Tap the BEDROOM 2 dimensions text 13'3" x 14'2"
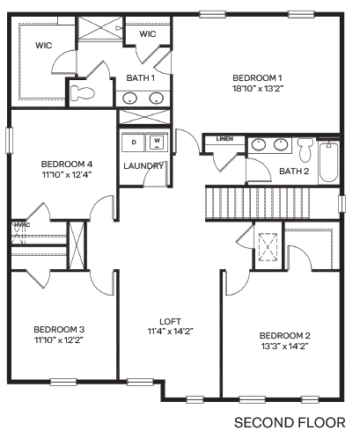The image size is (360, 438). pyautogui.click(x=284, y=346)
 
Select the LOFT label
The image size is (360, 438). pyautogui.click(x=170, y=320)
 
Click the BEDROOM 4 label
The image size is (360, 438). pyautogui.click(x=66, y=164)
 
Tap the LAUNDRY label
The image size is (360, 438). pyautogui.click(x=143, y=165)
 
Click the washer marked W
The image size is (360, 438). pyautogui.click(x=157, y=141)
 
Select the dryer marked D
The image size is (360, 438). pyautogui.click(x=134, y=141)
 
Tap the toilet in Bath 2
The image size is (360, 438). pyautogui.click(x=305, y=147)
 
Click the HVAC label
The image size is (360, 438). pyautogui.click(x=20, y=225)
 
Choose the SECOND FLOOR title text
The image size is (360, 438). pyautogui.click(x=288, y=422)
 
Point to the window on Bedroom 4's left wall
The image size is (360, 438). pyautogui.click(x=10, y=141)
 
